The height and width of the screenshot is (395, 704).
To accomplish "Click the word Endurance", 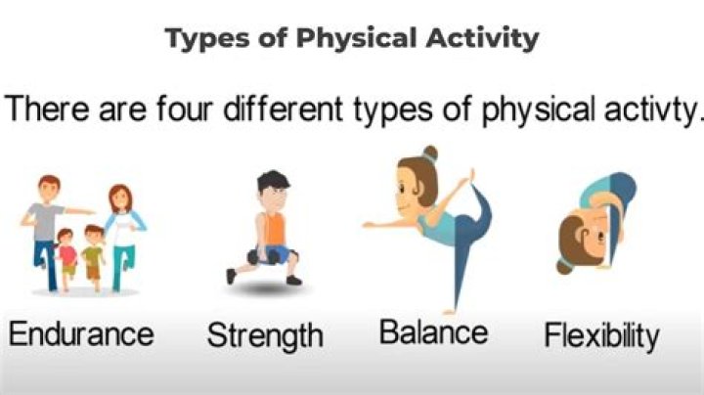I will click(x=81, y=334).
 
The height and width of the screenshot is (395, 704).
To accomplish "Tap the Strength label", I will click(x=264, y=336).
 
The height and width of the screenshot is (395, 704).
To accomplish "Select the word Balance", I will click(x=433, y=332).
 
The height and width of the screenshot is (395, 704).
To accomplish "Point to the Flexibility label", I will click(x=601, y=336).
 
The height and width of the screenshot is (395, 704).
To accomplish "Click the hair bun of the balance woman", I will click(x=431, y=154).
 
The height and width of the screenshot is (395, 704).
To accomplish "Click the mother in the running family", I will click(x=121, y=230).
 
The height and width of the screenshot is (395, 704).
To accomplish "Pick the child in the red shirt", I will click(x=68, y=256).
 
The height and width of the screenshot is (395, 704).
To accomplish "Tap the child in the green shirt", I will click(x=94, y=256).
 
